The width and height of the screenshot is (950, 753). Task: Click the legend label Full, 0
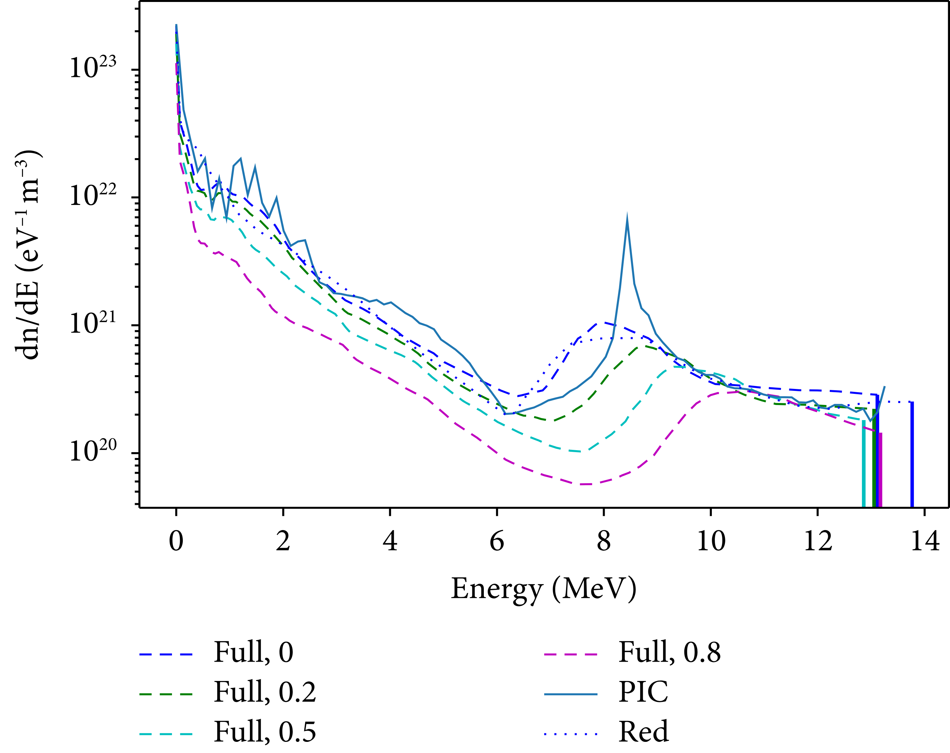[x=253, y=652]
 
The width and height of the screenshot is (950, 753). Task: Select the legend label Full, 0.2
[x=265, y=692]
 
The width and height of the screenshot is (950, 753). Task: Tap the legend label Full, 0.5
[x=265, y=732]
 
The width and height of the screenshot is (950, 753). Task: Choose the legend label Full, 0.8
[x=669, y=652]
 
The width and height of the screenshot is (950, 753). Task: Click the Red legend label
[x=643, y=732]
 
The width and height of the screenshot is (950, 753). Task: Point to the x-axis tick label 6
[x=497, y=541]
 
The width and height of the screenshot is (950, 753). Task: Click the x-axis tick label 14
[x=924, y=541]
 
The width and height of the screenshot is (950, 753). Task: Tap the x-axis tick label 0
[x=176, y=541]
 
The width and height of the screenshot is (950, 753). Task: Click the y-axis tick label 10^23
[x=92, y=68]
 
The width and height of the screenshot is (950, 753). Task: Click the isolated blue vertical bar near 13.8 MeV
[x=912, y=453]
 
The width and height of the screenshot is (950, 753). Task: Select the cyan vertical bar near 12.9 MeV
[x=863, y=462]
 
